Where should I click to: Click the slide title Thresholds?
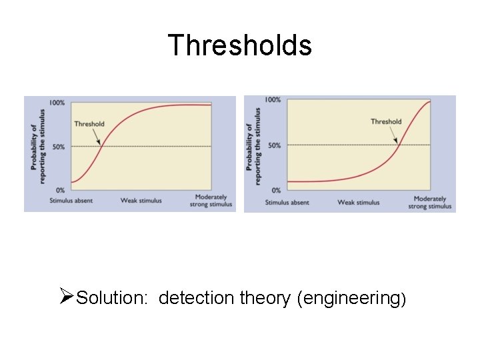239,45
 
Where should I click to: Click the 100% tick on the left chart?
57,103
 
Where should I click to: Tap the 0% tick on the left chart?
61,191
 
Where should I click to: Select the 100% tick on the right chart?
273,100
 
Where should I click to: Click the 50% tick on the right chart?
274,145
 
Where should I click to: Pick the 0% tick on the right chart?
275,191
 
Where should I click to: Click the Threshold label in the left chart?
89,123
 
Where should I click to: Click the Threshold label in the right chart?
386,121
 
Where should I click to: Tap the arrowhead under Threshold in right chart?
397,141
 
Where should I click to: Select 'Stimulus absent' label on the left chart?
71,201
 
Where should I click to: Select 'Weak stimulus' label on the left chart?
141,201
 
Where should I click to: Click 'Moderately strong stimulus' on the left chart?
212,201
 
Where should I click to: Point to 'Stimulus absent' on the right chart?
287,203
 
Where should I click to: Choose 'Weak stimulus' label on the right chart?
358,203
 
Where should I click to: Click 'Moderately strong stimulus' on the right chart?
430,203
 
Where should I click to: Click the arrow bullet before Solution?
66,295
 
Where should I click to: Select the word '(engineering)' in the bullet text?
353,298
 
